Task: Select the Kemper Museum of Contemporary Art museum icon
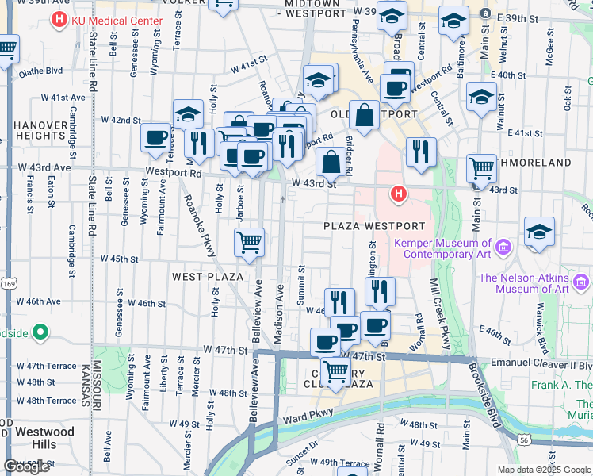tap(502, 249)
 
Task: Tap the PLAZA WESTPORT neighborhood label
tap(369, 226)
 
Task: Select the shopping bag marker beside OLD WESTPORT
tap(364, 114)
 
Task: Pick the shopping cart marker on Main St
tap(482, 168)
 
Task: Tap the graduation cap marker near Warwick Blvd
tap(539, 232)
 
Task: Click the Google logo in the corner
tap(26, 466)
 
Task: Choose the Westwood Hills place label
tap(44, 438)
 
